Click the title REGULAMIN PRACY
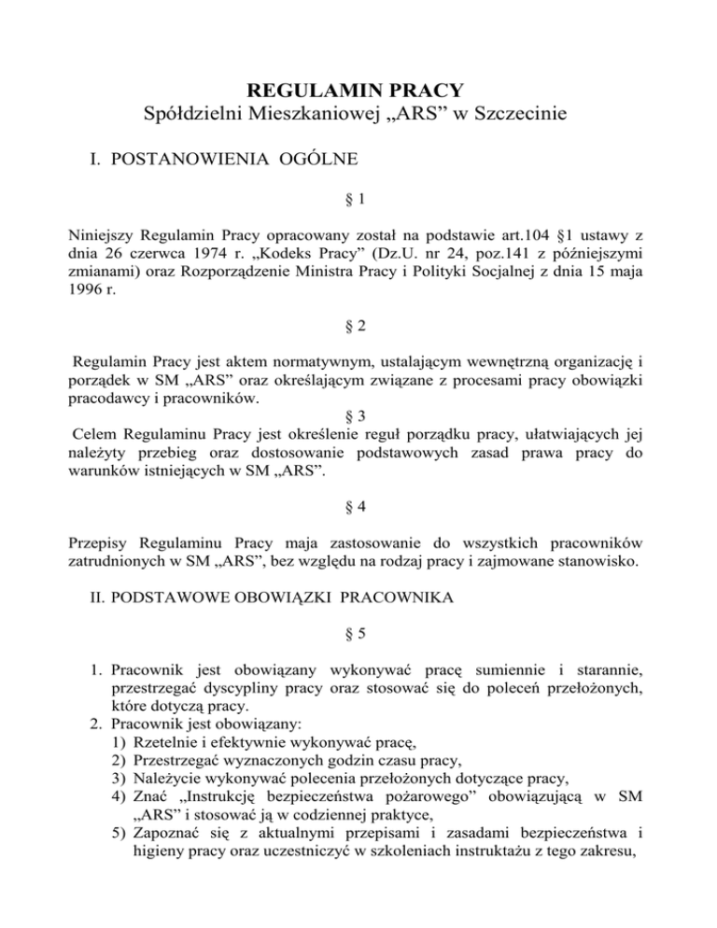358,91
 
